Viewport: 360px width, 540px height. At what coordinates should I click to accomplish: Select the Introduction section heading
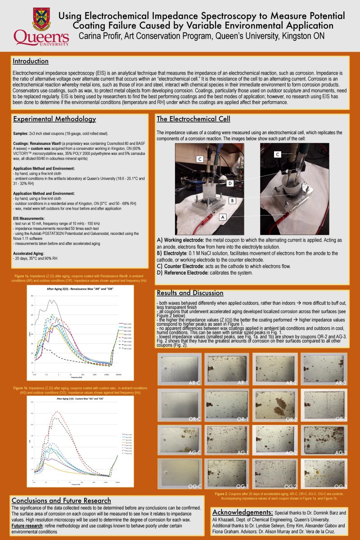pyautogui.click(x=31, y=61)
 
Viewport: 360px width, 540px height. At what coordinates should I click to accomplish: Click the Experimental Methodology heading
pyautogui.click(x=54, y=119)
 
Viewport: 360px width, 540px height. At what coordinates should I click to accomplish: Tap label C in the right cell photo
pyautogui.click(x=278, y=154)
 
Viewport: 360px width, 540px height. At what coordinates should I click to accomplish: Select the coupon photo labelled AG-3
pyautogui.click(x=323, y=440)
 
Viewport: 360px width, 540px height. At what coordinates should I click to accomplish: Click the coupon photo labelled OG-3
pyautogui.click(x=323, y=474)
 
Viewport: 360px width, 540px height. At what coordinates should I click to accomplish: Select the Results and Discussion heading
pyautogui.click(x=190, y=293)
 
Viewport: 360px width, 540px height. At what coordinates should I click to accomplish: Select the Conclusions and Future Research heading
pyautogui.click(x=61, y=501)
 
